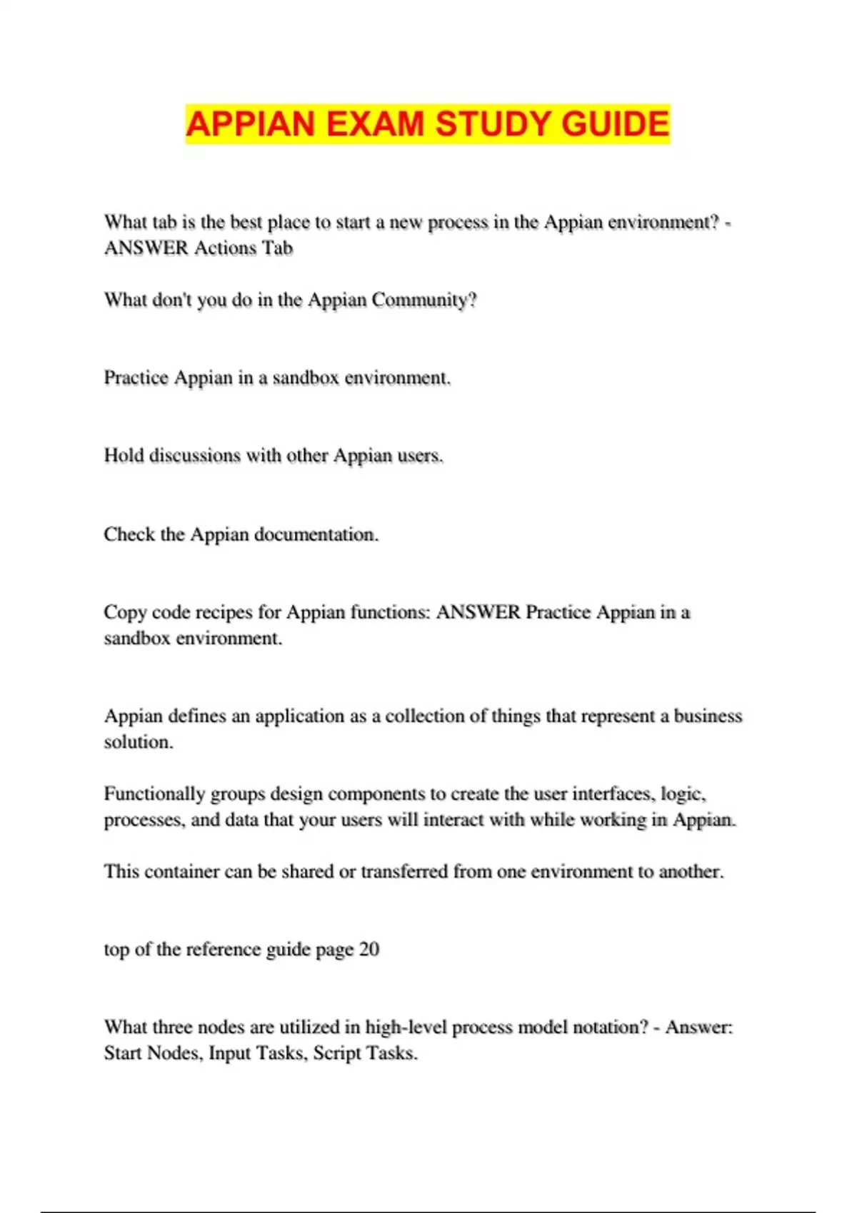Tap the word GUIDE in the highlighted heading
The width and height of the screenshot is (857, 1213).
click(615, 123)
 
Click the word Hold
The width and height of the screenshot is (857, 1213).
click(124, 455)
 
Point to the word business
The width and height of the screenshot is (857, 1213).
click(708, 716)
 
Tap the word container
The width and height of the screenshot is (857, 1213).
click(181, 872)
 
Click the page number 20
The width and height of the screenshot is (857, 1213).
click(369, 950)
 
